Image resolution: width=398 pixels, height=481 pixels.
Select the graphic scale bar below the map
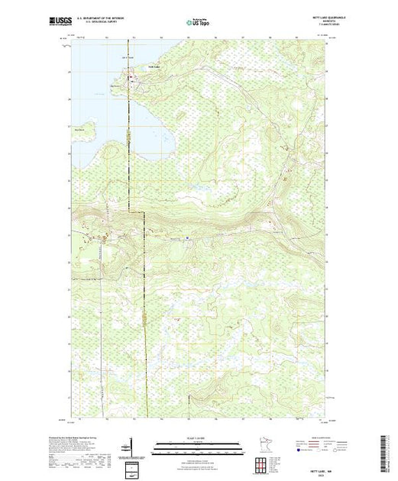pos(199,444)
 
